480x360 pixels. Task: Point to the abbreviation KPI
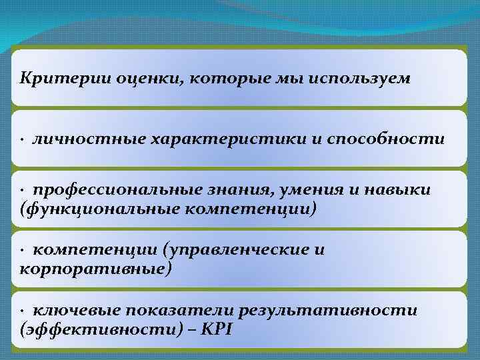216,329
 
